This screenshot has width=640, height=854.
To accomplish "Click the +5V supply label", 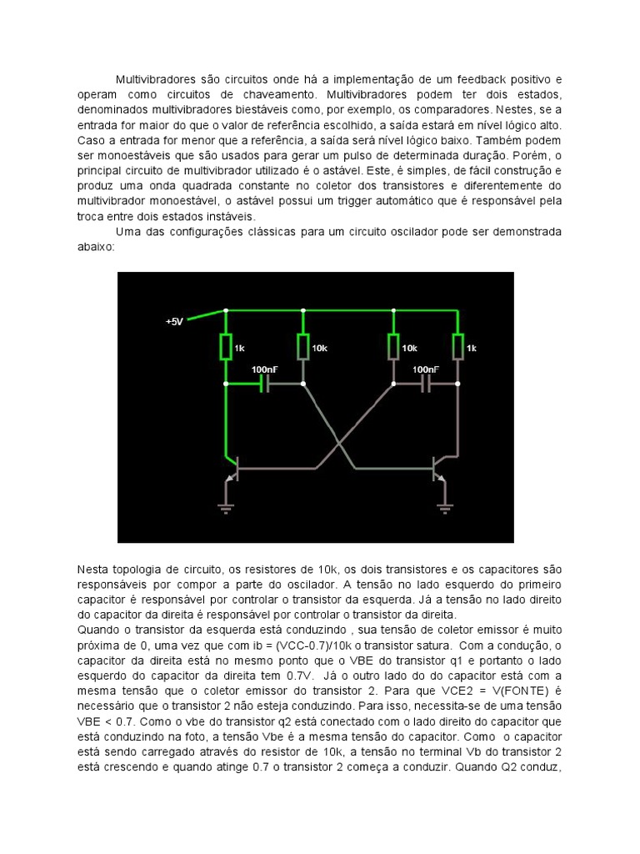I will click(x=173, y=321).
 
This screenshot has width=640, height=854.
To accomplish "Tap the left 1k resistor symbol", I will click(x=226, y=346).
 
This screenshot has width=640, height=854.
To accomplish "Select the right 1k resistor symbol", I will click(x=457, y=346).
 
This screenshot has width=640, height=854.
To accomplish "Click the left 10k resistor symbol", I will click(x=304, y=346).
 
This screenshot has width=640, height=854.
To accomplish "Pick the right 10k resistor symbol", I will click(x=392, y=346).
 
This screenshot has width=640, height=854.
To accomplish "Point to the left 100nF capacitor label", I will click(x=266, y=369).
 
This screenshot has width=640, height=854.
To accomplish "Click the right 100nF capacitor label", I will click(x=426, y=369).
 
